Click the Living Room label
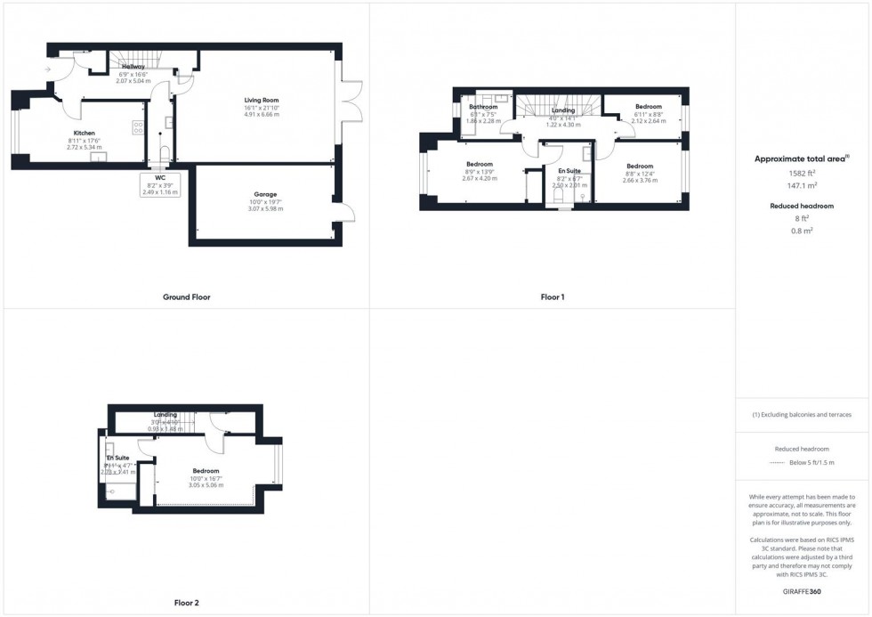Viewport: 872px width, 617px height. click(x=262, y=100)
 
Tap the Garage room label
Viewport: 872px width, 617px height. click(x=264, y=194)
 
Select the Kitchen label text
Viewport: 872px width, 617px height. click(x=84, y=133)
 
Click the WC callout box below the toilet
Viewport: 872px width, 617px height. click(x=160, y=184)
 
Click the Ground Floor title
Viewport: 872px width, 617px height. click(x=187, y=296)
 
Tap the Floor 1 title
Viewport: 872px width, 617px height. click(x=553, y=296)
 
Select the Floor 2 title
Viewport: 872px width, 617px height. click(x=187, y=603)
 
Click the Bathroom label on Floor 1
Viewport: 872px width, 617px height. click(x=484, y=107)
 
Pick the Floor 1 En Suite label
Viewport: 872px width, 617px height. click(x=569, y=170)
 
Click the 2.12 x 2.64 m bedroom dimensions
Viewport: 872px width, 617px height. click(x=648, y=121)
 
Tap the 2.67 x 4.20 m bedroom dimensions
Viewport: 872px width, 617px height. click(x=480, y=178)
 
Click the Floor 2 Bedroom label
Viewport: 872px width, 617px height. click(x=206, y=471)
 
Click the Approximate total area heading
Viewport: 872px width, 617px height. click(x=801, y=158)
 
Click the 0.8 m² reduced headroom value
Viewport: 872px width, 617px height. click(x=802, y=230)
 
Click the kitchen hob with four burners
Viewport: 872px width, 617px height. click(x=138, y=127)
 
